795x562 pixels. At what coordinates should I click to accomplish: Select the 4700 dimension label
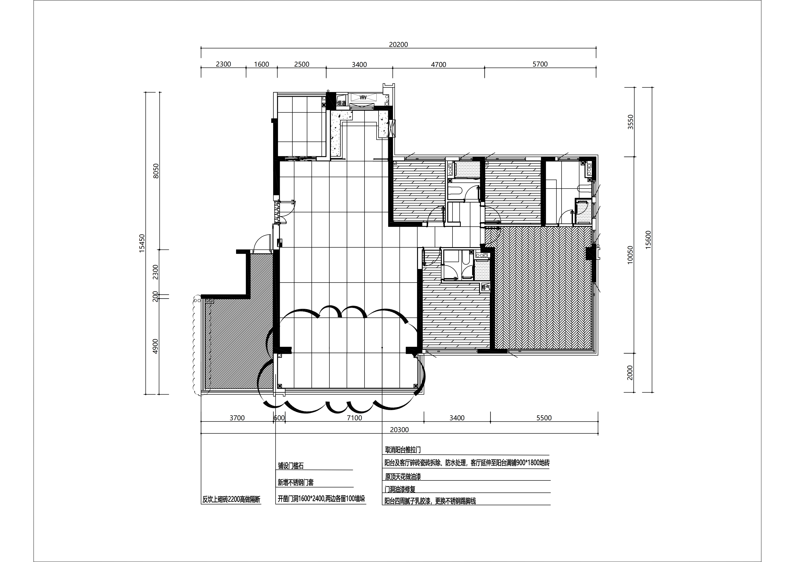[438, 64]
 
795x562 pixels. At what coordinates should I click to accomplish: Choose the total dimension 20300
[399, 430]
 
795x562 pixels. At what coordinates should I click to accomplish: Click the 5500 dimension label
[544, 418]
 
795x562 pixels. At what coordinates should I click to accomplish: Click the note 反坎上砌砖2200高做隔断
[231, 500]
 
